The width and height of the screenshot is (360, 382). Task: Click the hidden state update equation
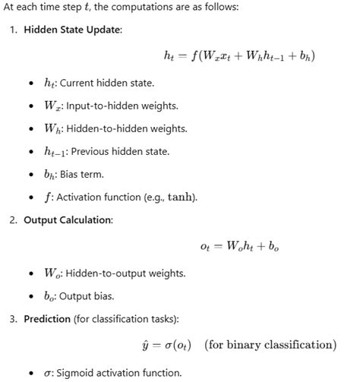(239, 55)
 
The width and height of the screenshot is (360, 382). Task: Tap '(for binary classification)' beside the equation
(269, 345)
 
